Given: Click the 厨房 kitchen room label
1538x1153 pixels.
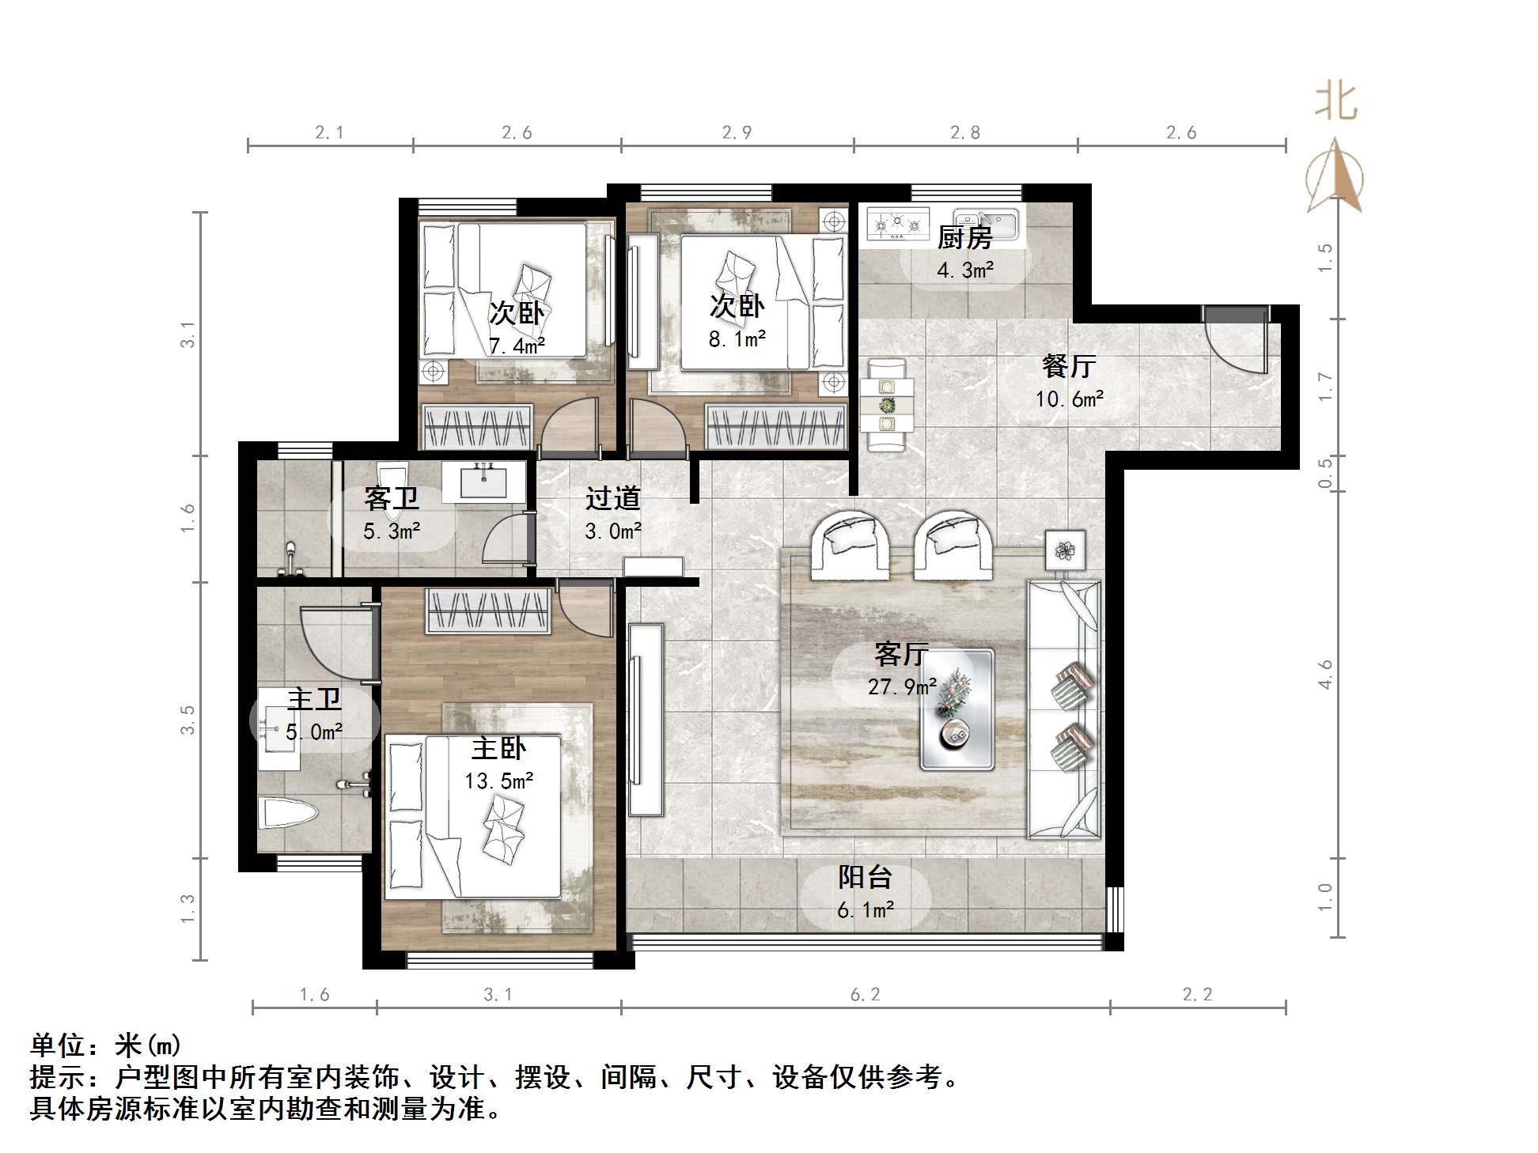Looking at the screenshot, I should point(964,236).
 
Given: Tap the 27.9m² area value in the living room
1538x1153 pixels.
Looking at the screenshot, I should point(902,686).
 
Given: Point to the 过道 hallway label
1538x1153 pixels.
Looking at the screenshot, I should point(612,498).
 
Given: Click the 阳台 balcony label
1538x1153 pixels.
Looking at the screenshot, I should point(865,877).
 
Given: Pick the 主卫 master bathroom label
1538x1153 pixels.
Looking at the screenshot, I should point(314,699).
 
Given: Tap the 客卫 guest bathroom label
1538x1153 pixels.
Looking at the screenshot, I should point(391,498).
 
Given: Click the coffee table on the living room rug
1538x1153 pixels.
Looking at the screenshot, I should point(956,709).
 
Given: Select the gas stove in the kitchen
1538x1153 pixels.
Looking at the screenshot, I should point(897,224).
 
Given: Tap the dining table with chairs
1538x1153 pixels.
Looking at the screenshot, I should point(887,405).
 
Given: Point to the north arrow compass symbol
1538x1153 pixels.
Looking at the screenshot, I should point(1335,177).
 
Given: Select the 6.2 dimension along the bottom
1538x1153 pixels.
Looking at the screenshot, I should point(864,994).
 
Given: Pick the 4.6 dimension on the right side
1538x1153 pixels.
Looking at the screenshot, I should point(1325,674).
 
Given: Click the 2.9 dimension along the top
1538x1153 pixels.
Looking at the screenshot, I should point(737,133).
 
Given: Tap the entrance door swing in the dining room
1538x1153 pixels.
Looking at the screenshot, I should point(1237,340).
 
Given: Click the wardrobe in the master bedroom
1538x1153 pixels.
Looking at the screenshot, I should point(487,611).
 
